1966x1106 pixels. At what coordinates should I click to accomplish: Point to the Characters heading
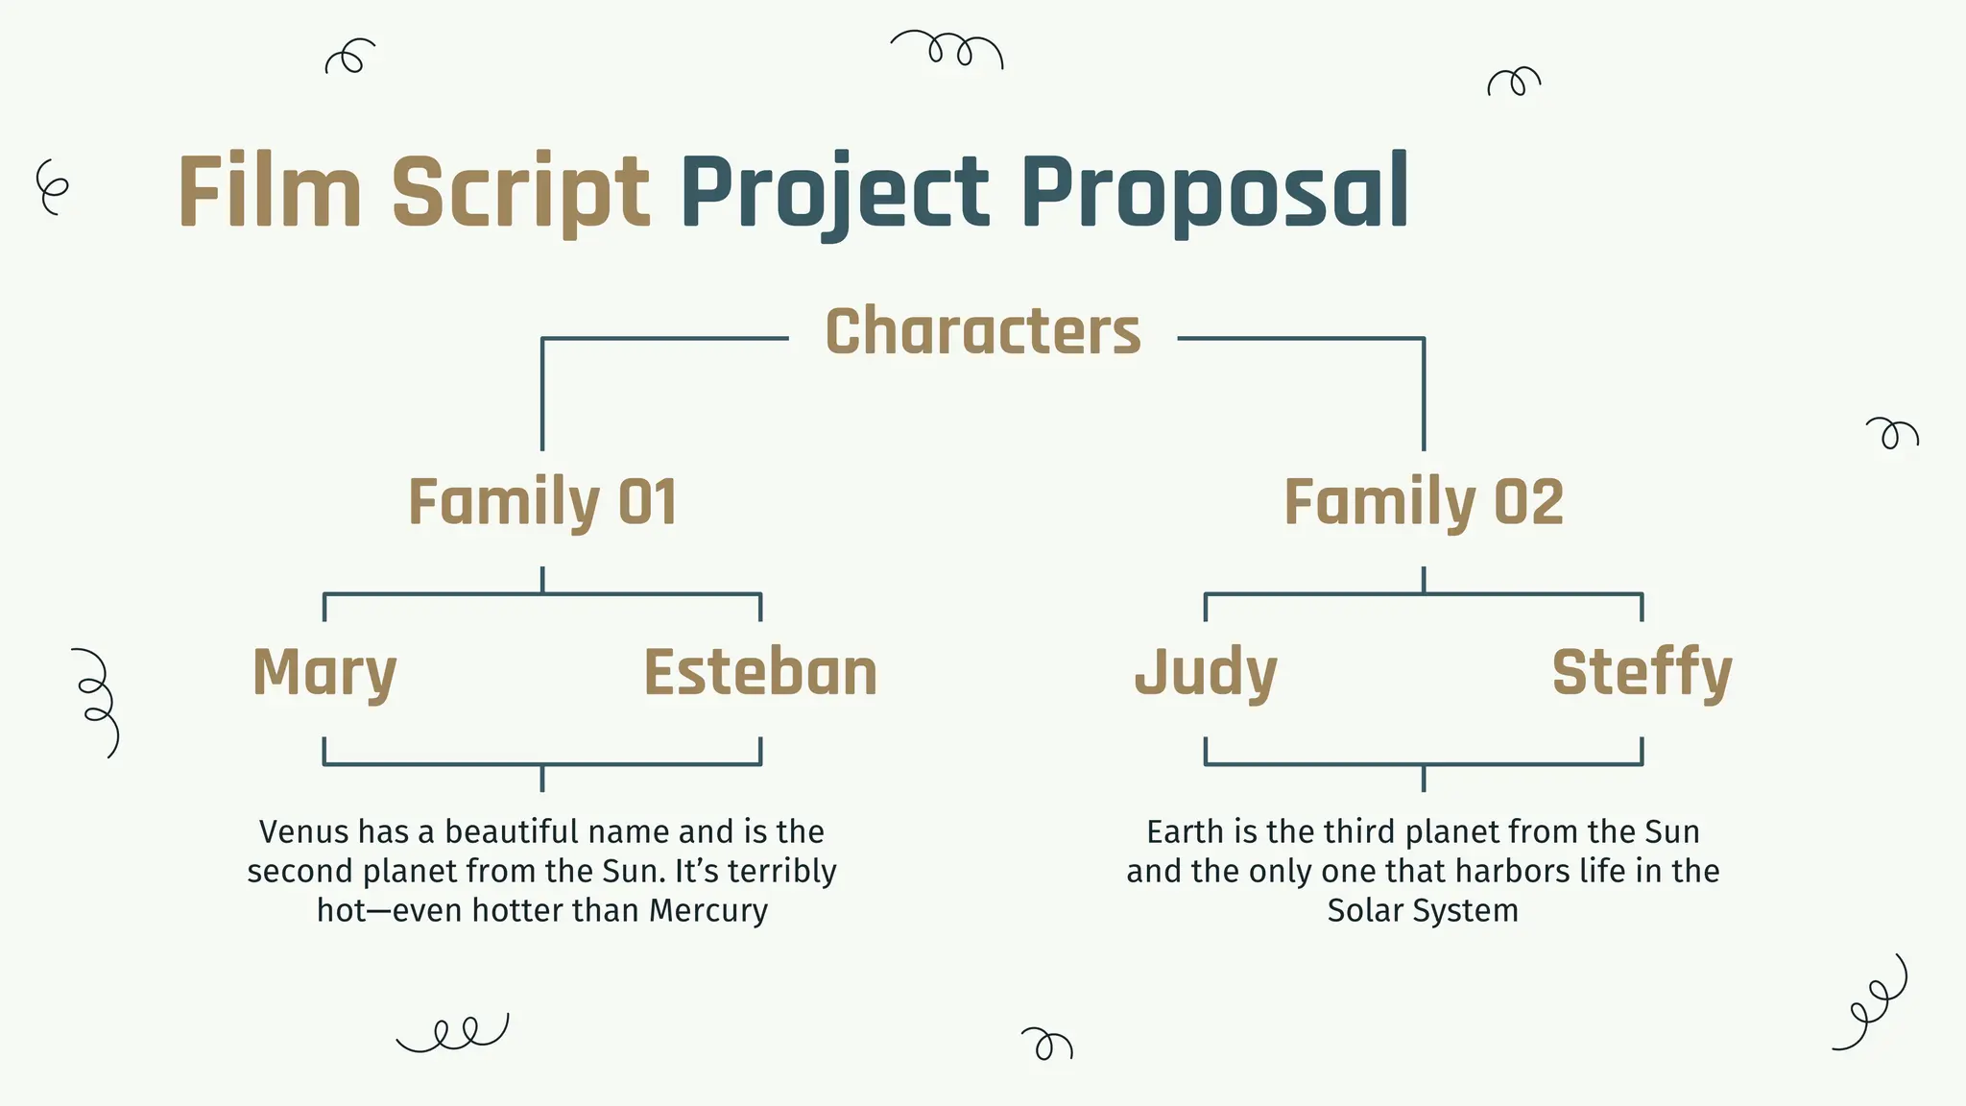click(983, 332)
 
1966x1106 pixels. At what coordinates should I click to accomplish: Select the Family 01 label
click(542, 502)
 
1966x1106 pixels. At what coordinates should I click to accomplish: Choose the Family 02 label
click(1424, 502)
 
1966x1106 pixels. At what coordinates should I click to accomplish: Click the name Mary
click(324, 672)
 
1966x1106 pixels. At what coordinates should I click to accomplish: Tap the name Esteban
click(760, 672)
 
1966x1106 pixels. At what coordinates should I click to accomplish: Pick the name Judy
click(1206, 672)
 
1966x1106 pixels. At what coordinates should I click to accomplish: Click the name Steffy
click(1642, 672)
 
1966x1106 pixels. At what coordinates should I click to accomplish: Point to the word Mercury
click(708, 910)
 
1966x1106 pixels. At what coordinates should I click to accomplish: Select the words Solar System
click(1423, 910)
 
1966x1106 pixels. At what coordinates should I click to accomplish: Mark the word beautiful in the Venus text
click(511, 831)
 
